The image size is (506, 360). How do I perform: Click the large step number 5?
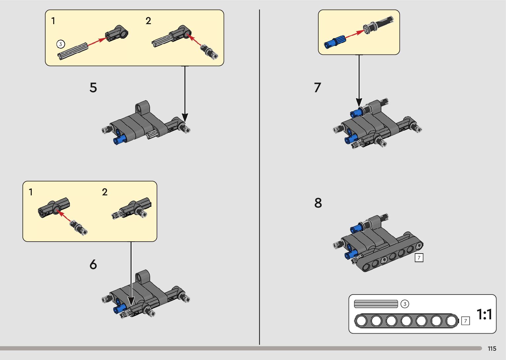point(93,88)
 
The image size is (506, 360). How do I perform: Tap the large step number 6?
point(93,264)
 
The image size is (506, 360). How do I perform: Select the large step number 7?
point(317,88)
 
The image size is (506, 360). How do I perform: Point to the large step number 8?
point(318,203)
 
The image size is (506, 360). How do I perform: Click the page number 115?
point(492,349)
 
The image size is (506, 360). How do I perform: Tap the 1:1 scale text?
point(484,314)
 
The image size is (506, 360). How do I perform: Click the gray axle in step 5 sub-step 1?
point(73,51)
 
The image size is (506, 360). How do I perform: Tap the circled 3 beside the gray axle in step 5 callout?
point(60,44)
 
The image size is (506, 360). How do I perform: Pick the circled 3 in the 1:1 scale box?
point(405,304)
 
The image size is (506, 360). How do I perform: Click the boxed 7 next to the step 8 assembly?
point(419,258)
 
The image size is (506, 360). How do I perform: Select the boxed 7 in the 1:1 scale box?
point(465,321)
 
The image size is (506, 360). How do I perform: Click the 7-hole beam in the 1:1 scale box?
point(406,321)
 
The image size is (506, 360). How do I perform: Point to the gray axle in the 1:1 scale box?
point(376,304)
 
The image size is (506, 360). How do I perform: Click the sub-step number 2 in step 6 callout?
point(105,192)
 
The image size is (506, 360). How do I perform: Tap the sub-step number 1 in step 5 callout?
point(53,21)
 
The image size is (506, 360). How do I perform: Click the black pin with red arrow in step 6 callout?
point(79,227)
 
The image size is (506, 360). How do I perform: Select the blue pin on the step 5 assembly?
point(120,140)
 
